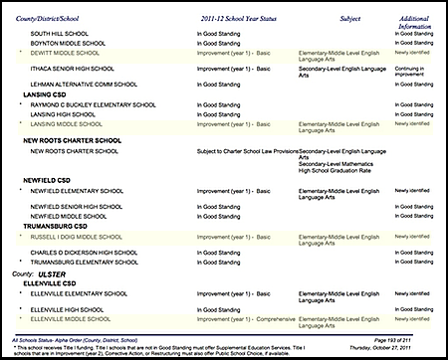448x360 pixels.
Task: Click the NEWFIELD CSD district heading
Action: coord(49,179)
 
